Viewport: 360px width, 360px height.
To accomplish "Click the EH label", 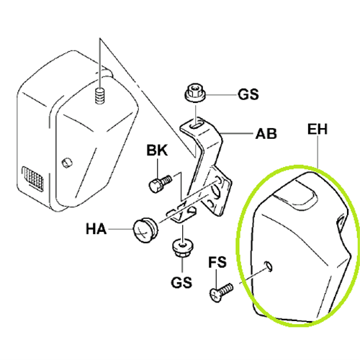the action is (318, 130).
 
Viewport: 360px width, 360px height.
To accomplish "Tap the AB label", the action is (266, 134).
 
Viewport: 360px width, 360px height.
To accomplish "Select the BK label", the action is (157, 150).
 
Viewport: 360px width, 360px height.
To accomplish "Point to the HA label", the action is (96, 229).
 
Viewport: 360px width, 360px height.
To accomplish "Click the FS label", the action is (217, 262).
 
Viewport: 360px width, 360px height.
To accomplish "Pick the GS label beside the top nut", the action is (248, 94).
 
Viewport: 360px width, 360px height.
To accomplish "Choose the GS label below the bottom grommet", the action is (181, 282).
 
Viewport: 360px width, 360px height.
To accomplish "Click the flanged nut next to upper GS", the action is (194, 93).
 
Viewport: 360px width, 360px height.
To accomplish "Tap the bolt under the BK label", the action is (161, 183).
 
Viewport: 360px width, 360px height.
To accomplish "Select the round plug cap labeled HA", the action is (145, 230).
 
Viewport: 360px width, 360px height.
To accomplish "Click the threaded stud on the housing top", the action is (100, 96).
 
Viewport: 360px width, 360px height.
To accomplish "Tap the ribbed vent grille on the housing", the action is (33, 179).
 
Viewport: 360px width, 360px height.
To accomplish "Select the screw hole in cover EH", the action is (269, 266).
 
